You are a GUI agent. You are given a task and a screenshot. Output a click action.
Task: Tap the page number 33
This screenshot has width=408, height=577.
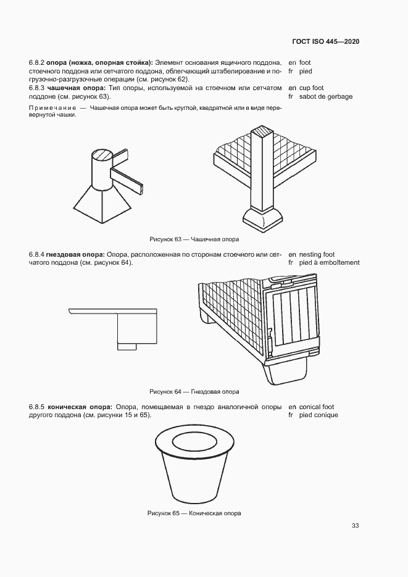pyautogui.click(x=355, y=526)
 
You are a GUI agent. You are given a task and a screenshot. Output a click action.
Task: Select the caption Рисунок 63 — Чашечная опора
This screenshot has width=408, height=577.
pyautogui.click(x=194, y=239)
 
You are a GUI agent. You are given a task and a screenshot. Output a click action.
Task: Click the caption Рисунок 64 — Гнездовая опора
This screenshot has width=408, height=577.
pyautogui.click(x=194, y=391)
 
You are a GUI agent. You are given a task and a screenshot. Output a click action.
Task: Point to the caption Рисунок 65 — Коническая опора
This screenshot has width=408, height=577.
pyautogui.click(x=194, y=513)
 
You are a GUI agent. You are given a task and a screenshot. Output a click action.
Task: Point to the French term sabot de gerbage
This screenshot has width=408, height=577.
pyautogui.click(x=326, y=97)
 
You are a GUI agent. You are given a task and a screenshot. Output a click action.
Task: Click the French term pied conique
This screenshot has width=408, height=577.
pyautogui.click(x=318, y=415)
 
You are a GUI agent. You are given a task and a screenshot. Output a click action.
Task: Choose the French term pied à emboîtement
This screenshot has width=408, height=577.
pyautogui.click(x=329, y=262)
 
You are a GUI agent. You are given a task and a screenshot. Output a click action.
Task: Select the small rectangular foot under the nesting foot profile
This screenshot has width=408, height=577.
pyautogui.click(x=128, y=346)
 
